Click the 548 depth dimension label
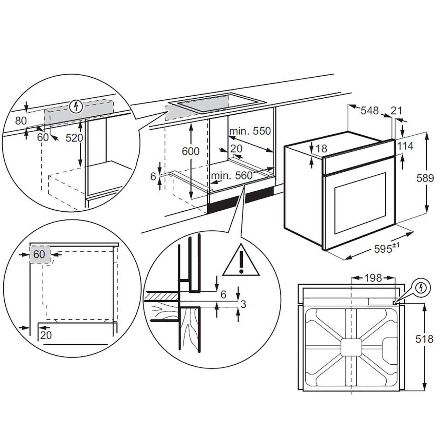point(369,111)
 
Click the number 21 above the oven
point(396,110)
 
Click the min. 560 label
point(232,175)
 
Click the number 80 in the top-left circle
point(21,121)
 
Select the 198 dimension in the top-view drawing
point(373,278)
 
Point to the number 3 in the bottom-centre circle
point(243,304)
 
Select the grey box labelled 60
point(40,254)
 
